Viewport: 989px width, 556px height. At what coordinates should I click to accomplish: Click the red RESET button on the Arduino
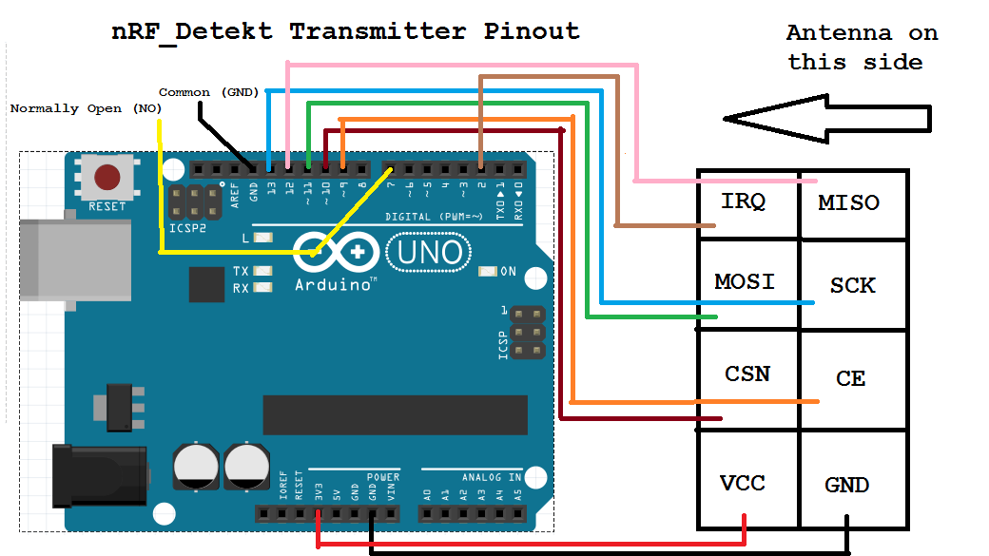pyautogui.click(x=107, y=178)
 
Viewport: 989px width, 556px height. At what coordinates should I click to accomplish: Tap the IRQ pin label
pyautogui.click(x=743, y=201)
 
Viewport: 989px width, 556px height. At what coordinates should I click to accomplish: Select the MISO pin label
pyautogui.click(x=848, y=203)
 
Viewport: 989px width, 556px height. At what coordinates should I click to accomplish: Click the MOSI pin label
pyautogui.click(x=745, y=282)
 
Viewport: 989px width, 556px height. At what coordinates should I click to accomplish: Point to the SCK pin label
pyautogui.click(x=852, y=285)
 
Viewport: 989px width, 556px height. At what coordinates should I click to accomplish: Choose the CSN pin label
pyautogui.click(x=747, y=374)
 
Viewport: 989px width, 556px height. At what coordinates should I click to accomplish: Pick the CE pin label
pyautogui.click(x=850, y=378)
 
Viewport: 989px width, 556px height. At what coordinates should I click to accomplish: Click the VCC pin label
pyautogui.click(x=742, y=483)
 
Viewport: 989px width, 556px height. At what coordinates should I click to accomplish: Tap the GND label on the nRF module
pyautogui.click(x=846, y=486)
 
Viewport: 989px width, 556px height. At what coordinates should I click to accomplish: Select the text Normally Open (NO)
pyautogui.click(x=86, y=108)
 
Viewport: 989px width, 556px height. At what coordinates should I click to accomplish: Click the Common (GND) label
pyautogui.click(x=208, y=92)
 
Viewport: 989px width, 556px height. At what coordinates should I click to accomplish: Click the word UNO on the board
pyautogui.click(x=430, y=253)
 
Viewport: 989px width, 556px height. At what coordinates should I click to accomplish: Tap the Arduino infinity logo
pyautogui.click(x=337, y=254)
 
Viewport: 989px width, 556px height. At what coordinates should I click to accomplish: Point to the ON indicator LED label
pyautogui.click(x=509, y=272)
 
